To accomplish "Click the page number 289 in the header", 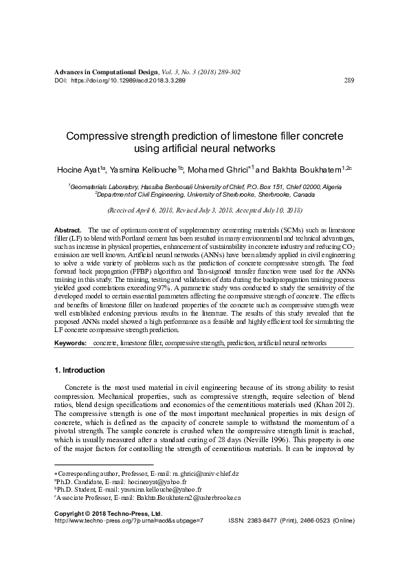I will [348, 80].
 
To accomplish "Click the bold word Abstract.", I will [67, 227].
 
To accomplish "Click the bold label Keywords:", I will [70, 342].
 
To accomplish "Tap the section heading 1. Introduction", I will [80, 370].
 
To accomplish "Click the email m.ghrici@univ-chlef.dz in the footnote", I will [206, 474].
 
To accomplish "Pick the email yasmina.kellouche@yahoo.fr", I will [155, 492].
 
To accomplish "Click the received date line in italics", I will [204, 208].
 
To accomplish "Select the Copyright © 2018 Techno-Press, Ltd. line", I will [107, 513].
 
